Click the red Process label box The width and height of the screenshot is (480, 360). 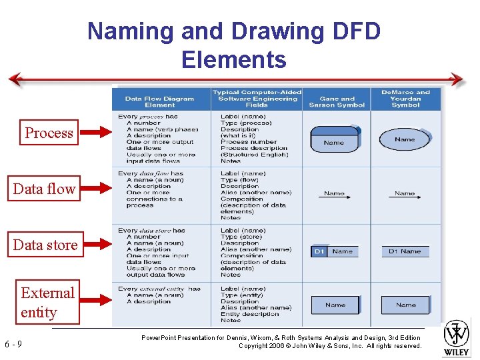(x=49, y=133)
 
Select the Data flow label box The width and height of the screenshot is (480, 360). (x=44, y=189)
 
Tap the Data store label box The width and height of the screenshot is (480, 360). (x=45, y=245)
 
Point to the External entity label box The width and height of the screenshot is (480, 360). (x=47, y=302)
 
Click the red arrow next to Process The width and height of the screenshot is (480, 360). (x=95, y=133)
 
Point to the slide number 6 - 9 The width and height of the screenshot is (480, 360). (x=13, y=344)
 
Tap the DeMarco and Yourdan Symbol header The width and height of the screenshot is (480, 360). (x=405, y=99)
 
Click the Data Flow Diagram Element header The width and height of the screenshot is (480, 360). (x=160, y=101)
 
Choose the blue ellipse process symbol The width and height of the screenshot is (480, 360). (x=405, y=139)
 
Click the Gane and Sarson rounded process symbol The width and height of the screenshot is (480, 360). (x=335, y=140)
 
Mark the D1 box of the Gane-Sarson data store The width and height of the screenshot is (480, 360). (x=319, y=251)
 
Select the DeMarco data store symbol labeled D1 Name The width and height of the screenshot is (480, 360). (x=405, y=251)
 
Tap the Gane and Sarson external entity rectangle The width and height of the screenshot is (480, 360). (x=335, y=305)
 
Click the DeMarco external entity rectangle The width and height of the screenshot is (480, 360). (x=405, y=305)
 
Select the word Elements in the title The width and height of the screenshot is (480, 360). (x=233, y=60)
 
